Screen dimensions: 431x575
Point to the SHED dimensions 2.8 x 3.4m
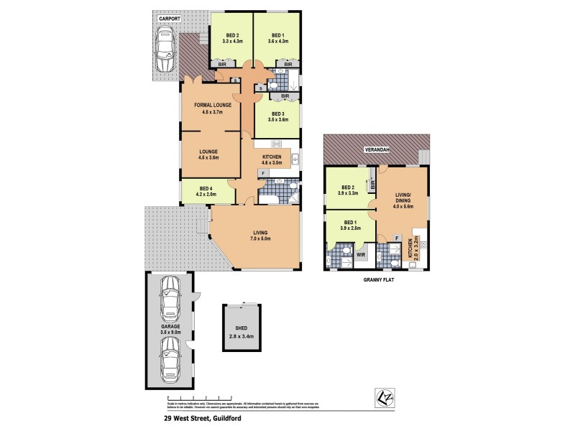(241, 334)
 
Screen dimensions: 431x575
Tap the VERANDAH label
(377, 149)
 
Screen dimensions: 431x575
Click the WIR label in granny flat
(361, 254)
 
